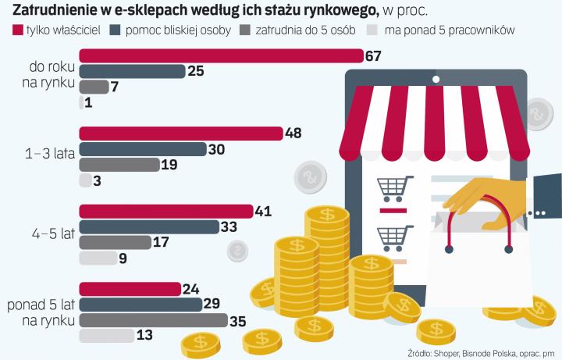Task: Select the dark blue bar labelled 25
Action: point(132,71)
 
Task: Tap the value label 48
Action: point(293,134)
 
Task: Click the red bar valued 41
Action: point(166,211)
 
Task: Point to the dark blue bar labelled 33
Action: point(149,226)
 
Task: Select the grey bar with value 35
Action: point(153,319)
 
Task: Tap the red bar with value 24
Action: point(130,289)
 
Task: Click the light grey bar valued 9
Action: point(98,258)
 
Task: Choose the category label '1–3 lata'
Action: point(49,155)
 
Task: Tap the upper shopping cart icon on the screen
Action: point(394,188)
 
